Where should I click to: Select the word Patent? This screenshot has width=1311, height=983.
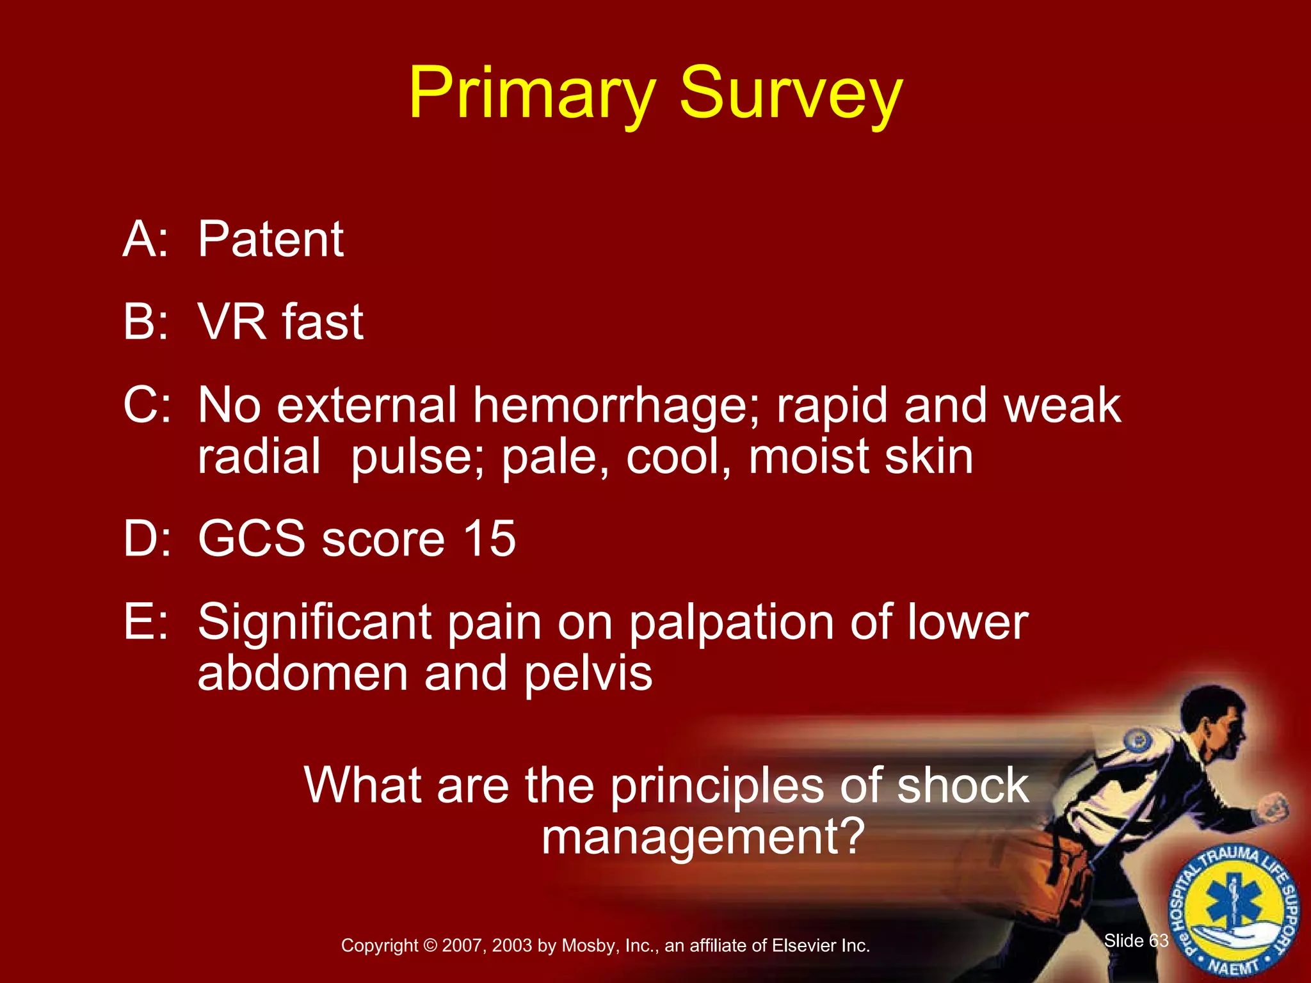[270, 239]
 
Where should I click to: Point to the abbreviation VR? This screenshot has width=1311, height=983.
[231, 321]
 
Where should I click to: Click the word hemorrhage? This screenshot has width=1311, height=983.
[616, 406]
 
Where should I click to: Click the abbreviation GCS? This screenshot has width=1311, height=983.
[252, 539]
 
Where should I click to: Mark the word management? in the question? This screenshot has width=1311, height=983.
[703, 837]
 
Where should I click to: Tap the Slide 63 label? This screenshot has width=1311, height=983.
[1136, 941]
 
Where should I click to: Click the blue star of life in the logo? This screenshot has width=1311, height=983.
[1232, 907]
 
